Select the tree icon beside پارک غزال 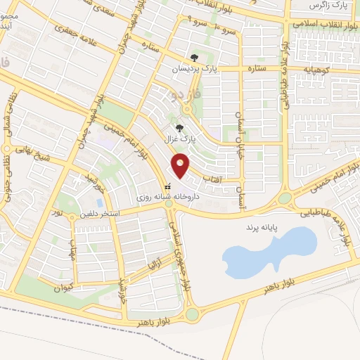point(180,128)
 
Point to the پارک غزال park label point(180,139)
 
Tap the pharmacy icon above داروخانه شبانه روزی point(167,187)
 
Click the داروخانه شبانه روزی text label point(167,198)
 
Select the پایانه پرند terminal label point(262,229)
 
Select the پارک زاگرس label point(328,6)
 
